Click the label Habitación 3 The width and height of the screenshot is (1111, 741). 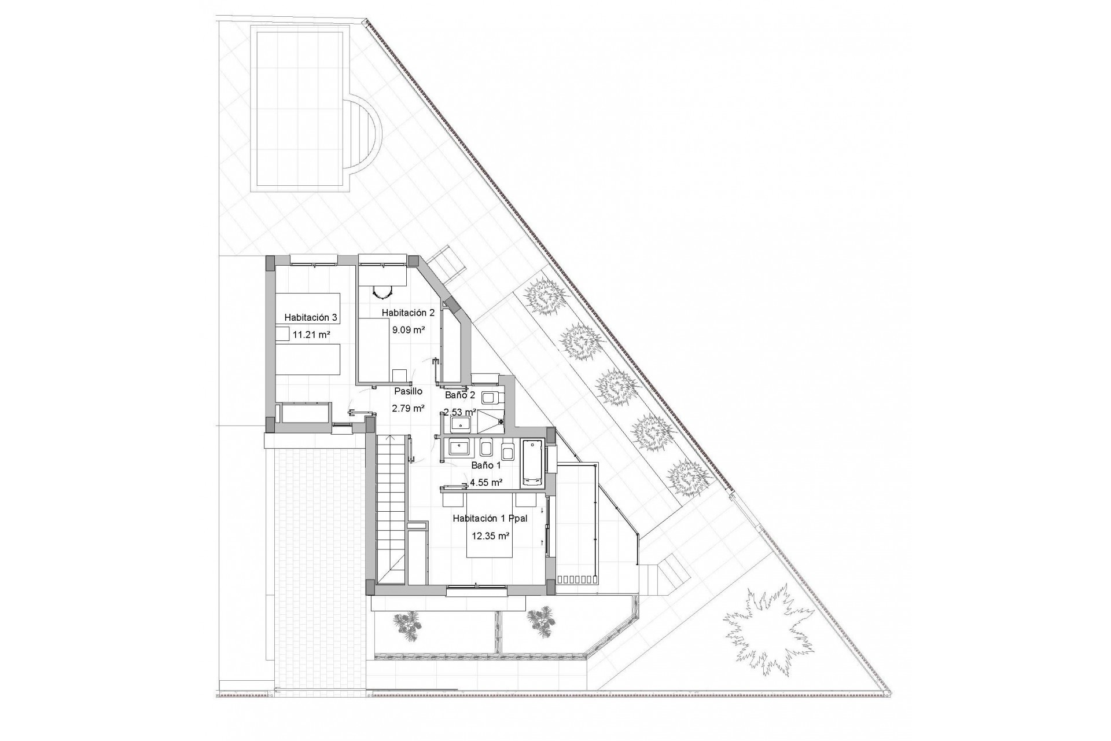point(311,317)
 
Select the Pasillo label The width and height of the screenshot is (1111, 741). point(409,391)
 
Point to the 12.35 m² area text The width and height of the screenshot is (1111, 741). point(491,536)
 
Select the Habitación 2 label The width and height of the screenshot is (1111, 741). point(408,313)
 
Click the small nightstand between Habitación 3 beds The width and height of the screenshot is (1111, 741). point(282,334)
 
